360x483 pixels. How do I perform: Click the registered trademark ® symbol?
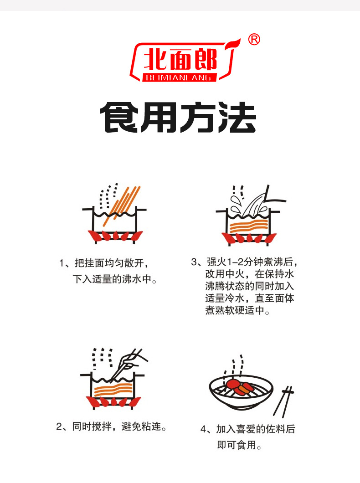[x=254, y=40]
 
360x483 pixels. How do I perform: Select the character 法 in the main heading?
[x=237, y=118]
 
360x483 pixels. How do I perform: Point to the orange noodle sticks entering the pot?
[x=121, y=205]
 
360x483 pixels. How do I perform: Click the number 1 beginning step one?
[x=62, y=263]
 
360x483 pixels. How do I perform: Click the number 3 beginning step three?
[x=194, y=262]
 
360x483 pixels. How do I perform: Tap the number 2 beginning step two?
[x=59, y=426]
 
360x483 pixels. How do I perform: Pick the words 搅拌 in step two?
[x=102, y=426]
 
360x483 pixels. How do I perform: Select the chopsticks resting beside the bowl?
[x=283, y=402]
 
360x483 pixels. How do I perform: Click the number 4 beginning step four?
[x=203, y=429]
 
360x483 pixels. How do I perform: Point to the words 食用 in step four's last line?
[x=247, y=445]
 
